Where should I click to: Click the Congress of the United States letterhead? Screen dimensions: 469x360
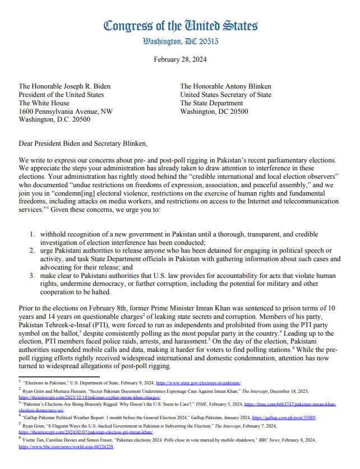click(180, 26)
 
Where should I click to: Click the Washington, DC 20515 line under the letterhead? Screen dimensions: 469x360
click(180, 41)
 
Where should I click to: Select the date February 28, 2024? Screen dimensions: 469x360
click(180, 61)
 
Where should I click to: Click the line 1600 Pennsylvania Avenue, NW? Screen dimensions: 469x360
click(66, 112)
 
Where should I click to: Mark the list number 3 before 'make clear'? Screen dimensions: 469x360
click(33, 275)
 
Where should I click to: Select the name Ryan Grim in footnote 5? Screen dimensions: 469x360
click(35, 426)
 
